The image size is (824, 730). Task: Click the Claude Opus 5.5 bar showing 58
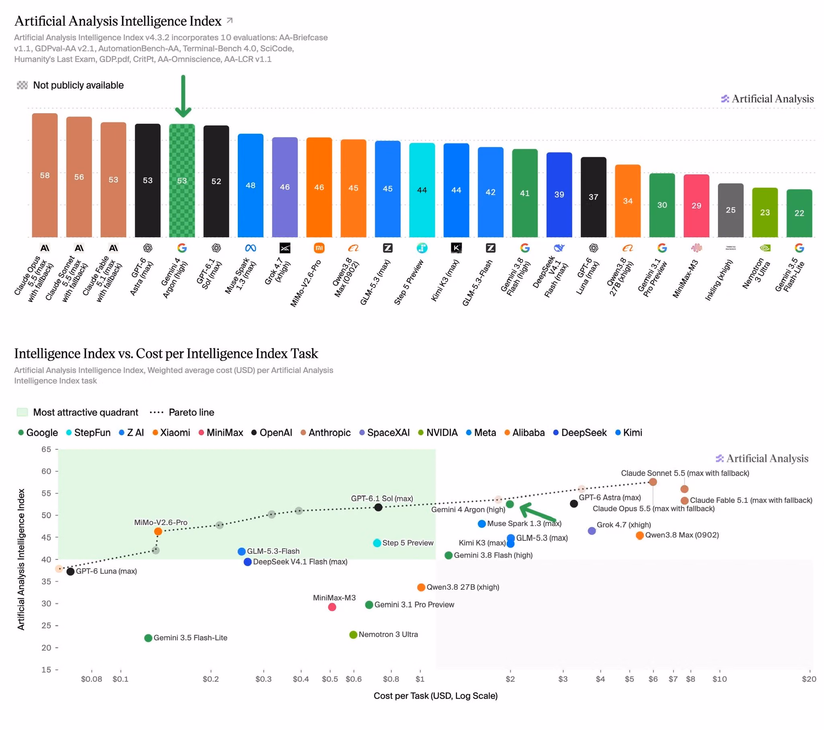click(45, 175)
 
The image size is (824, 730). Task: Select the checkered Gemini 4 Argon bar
click(182, 180)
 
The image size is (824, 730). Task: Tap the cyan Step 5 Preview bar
click(422, 190)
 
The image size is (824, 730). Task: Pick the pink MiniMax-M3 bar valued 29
click(696, 206)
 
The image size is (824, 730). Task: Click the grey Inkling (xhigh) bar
click(731, 210)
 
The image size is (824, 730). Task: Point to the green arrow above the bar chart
click(183, 96)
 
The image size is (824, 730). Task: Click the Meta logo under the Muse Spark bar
click(250, 248)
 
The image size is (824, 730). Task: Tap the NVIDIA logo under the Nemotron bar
click(765, 248)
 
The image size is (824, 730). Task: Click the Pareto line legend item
click(182, 412)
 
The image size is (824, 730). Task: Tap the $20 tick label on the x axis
click(809, 679)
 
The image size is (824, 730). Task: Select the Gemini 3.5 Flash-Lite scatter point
click(148, 638)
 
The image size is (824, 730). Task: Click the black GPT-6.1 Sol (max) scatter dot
click(378, 507)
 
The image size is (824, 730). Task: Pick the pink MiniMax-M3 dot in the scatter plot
click(332, 607)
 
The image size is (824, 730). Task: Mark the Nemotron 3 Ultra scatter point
click(353, 635)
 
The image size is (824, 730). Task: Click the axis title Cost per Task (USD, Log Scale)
click(435, 696)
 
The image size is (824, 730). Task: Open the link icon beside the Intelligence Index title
click(229, 20)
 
